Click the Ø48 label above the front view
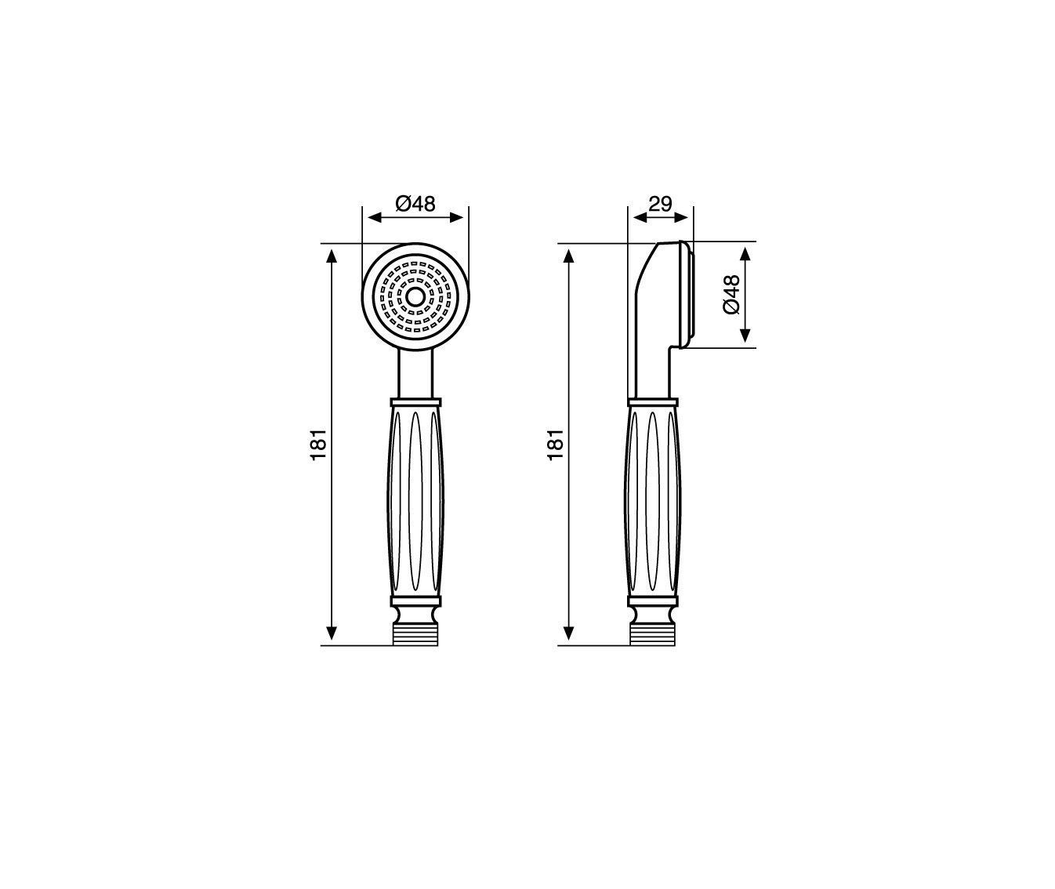(415, 204)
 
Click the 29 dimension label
(661, 204)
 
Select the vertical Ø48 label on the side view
(731, 294)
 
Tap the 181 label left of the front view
(318, 444)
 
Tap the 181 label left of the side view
(556, 444)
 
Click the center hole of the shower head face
(414, 296)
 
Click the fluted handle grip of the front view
(415, 502)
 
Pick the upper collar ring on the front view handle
(415, 402)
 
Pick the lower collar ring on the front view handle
(415, 601)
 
